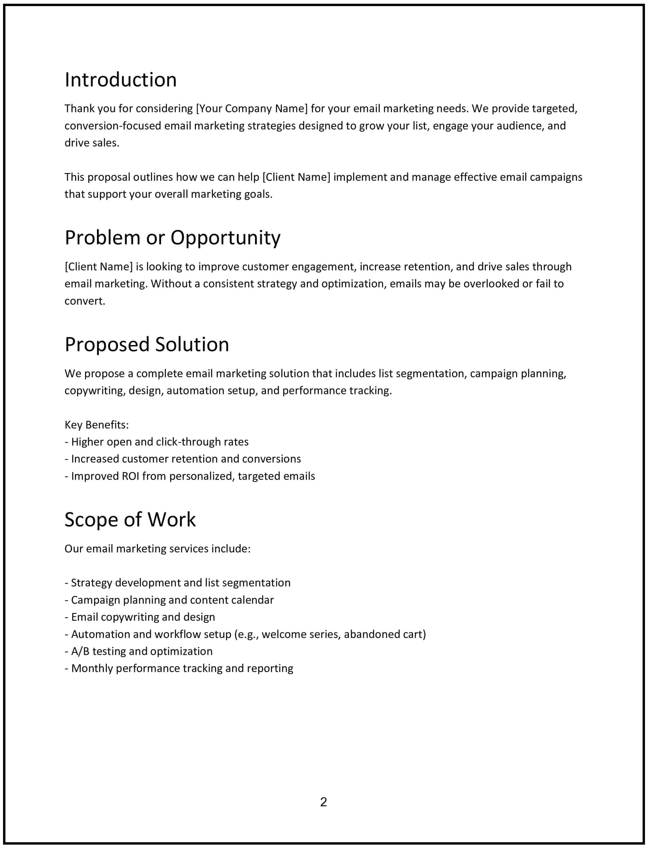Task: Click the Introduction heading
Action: (120, 80)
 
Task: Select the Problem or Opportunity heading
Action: (172, 238)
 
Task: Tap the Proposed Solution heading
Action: (147, 344)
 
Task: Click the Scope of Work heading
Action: (130, 519)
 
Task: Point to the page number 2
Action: (323, 802)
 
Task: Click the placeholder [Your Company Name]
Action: (252, 108)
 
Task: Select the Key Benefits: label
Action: (96, 425)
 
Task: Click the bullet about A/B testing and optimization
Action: (139, 651)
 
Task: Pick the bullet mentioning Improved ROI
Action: (190, 476)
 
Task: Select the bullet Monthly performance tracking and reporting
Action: (179, 668)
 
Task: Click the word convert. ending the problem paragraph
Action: (85, 301)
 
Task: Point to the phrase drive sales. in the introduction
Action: (92, 143)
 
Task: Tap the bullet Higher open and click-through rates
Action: (157, 442)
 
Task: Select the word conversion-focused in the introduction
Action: (113, 126)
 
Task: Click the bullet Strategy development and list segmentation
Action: (178, 582)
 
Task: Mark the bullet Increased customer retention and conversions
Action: (183, 459)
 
